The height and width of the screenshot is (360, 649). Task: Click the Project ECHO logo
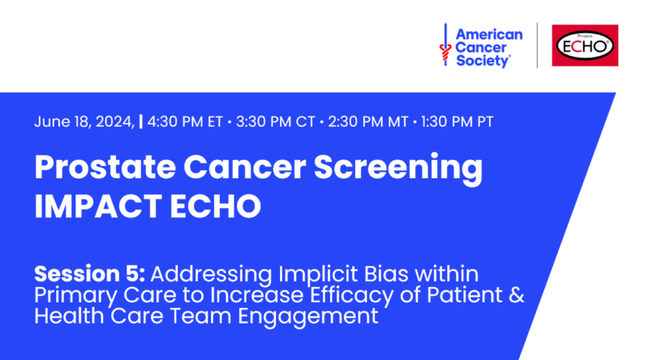(x=585, y=45)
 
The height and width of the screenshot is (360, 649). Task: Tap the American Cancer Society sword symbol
(x=445, y=45)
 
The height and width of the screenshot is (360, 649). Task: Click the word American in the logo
(x=489, y=34)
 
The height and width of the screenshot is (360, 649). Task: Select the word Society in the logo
(x=483, y=61)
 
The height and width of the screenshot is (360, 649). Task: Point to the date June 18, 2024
(x=84, y=122)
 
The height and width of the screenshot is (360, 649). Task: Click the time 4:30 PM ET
(x=185, y=122)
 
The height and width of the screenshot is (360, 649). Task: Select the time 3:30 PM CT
(x=276, y=122)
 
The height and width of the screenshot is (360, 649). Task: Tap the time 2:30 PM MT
(x=368, y=122)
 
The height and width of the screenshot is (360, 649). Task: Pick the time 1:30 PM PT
(x=458, y=122)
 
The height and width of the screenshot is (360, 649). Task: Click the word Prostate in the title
(x=105, y=168)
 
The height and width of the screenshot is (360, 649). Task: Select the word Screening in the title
(x=398, y=169)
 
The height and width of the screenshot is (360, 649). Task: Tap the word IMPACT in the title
(x=98, y=206)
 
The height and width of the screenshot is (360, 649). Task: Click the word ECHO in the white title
(x=215, y=206)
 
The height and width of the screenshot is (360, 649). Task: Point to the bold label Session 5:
(x=89, y=274)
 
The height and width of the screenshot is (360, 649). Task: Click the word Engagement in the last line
(x=308, y=316)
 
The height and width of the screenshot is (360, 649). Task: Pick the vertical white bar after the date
(x=141, y=122)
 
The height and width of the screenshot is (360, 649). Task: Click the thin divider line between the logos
(x=537, y=45)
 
